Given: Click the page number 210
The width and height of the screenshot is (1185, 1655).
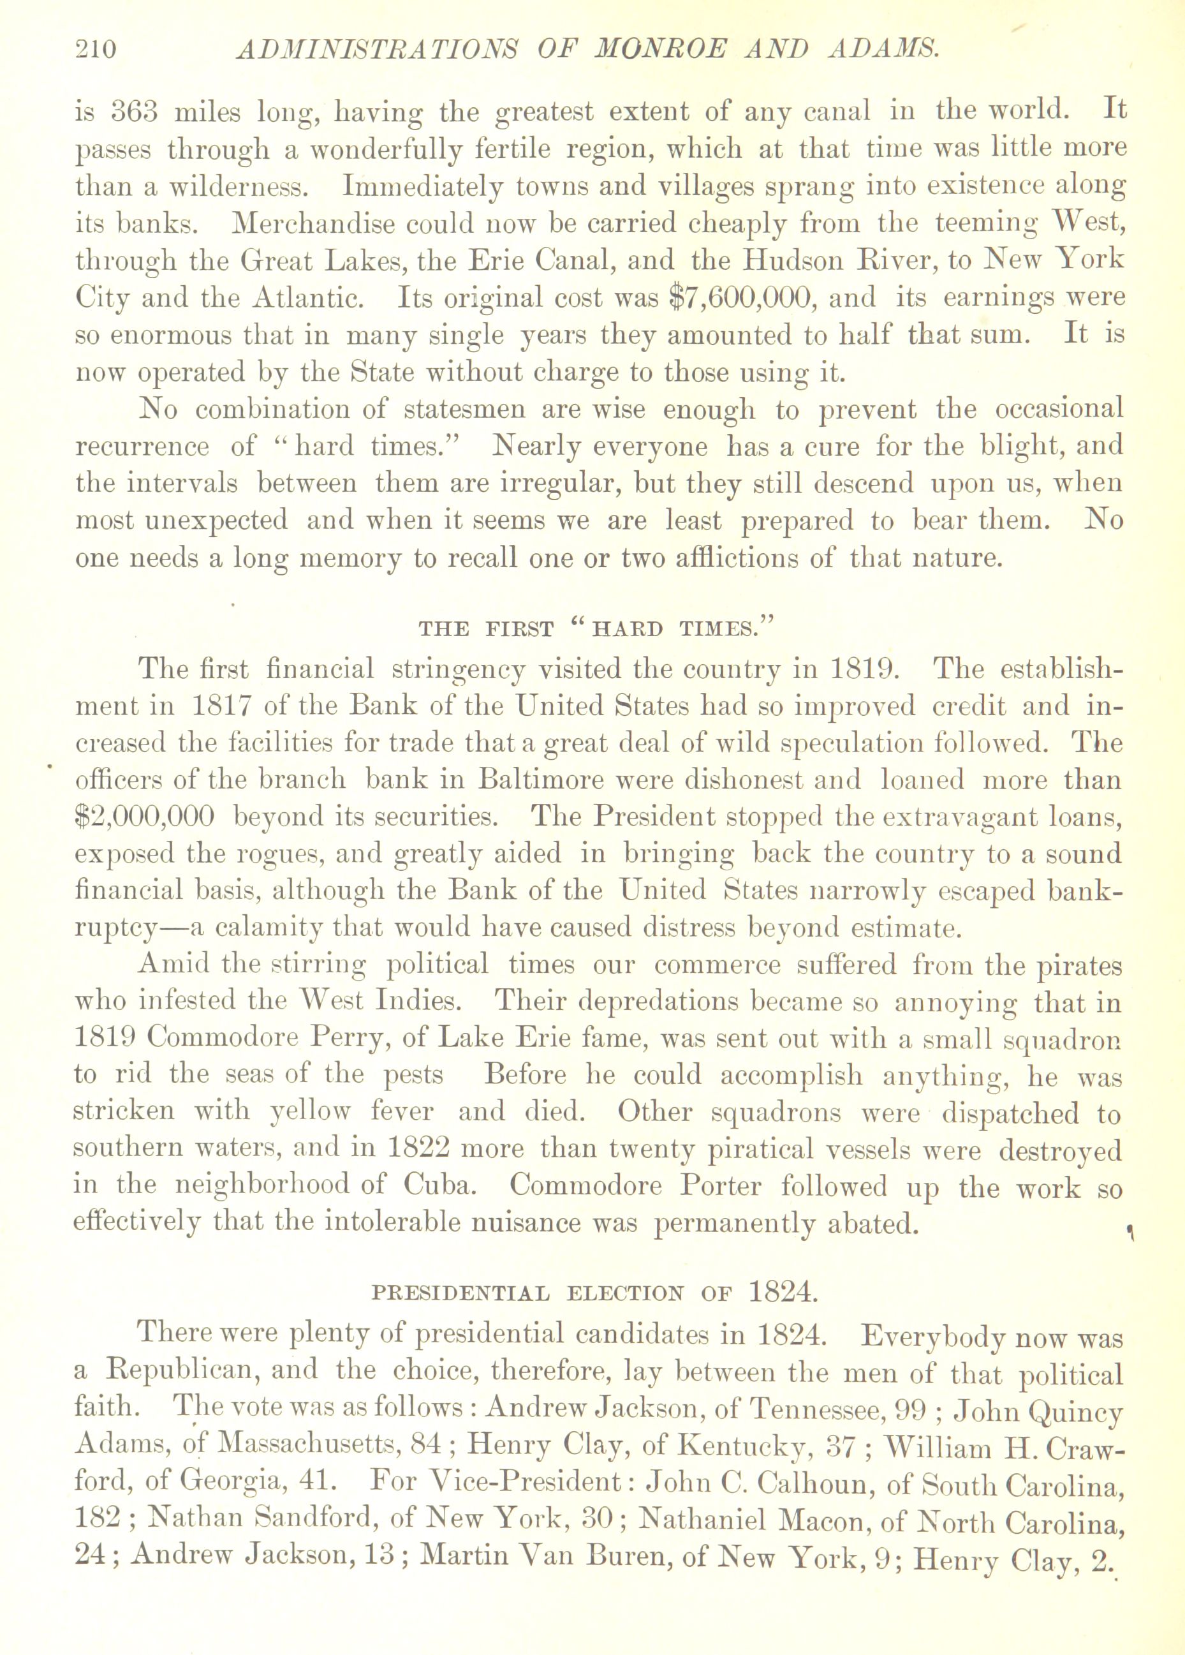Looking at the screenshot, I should pos(96,50).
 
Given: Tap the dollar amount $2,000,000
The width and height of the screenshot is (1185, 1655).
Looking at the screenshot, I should pos(145,817).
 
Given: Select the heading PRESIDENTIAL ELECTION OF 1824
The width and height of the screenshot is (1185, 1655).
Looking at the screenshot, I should pos(592,1293).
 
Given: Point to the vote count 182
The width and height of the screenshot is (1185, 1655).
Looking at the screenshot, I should pos(98,1520).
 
